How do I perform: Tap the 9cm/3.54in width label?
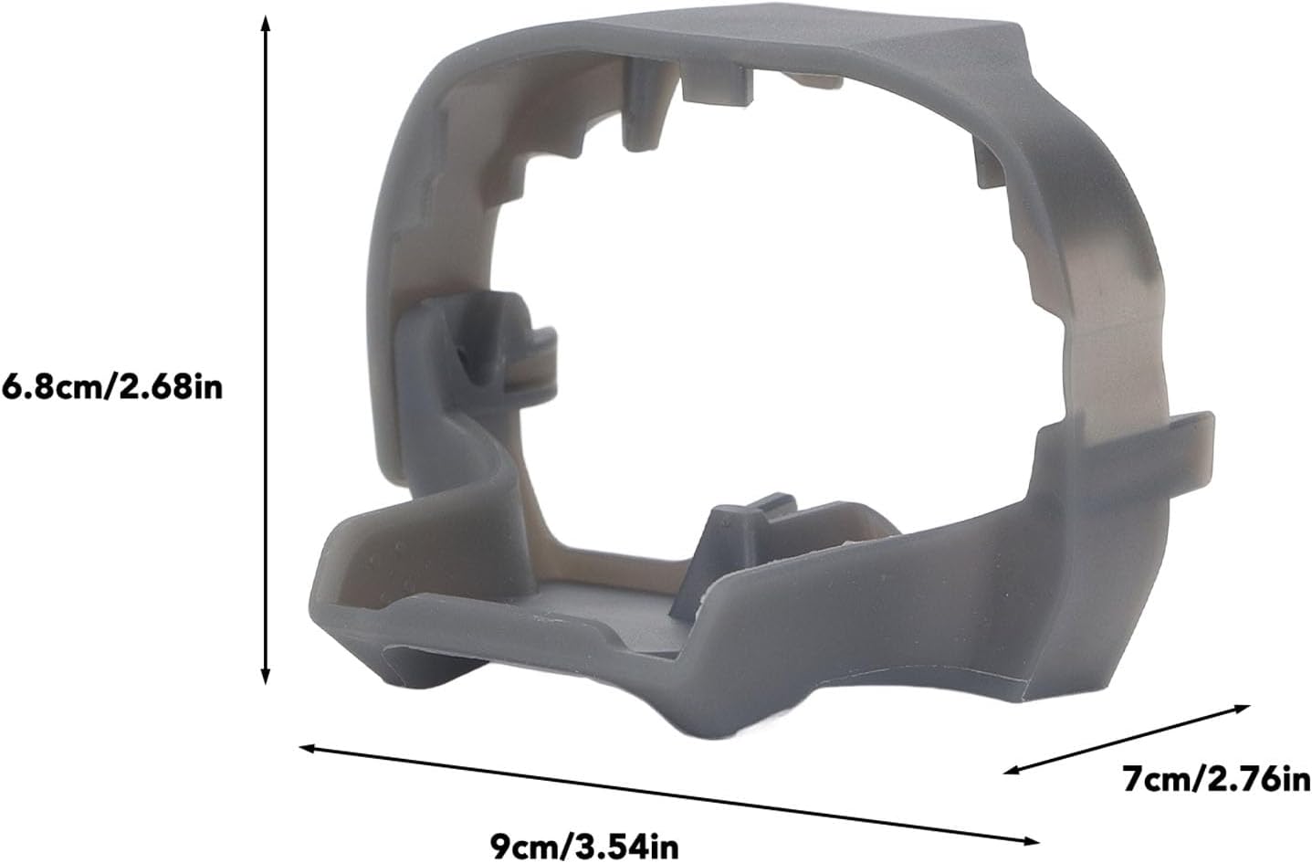584,846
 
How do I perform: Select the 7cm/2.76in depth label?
1216,779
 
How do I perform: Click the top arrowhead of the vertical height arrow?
266,24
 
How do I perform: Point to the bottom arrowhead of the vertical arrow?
266,676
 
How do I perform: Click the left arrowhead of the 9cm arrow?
308,748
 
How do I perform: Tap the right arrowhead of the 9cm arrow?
1030,842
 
